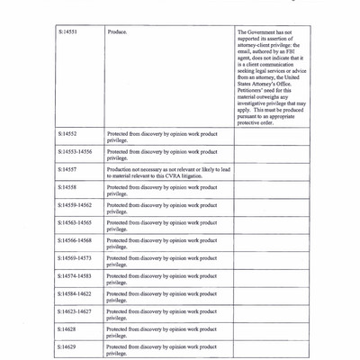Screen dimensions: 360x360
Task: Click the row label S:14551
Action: click(67, 32)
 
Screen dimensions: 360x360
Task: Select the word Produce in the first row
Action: click(116, 32)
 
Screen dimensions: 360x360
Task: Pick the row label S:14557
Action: click(67, 168)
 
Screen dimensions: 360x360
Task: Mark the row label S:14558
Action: click(67, 187)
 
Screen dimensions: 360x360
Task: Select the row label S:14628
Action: click(67, 329)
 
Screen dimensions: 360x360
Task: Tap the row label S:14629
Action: click(67, 346)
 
